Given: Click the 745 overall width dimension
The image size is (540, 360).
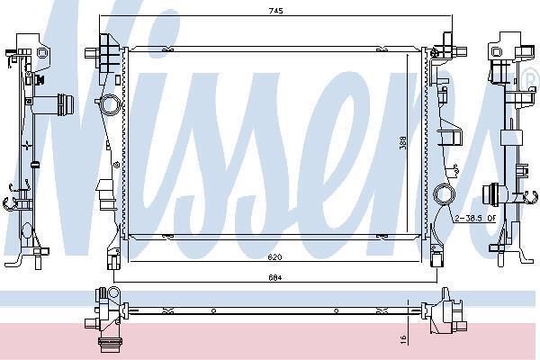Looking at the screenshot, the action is point(276,11).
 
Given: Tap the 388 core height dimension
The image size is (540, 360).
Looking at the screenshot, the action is point(402,143).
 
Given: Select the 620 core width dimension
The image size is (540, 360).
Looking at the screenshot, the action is point(275,257).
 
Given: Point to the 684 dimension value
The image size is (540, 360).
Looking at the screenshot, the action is point(275,277).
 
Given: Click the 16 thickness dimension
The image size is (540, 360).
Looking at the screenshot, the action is point(404,339).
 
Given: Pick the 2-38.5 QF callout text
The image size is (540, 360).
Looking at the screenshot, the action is point(475,218).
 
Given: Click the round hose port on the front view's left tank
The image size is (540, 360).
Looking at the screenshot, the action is point(110,104).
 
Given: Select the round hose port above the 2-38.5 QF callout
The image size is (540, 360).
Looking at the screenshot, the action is point(444,194).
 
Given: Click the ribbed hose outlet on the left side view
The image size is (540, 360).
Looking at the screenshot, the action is point(66,105).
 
